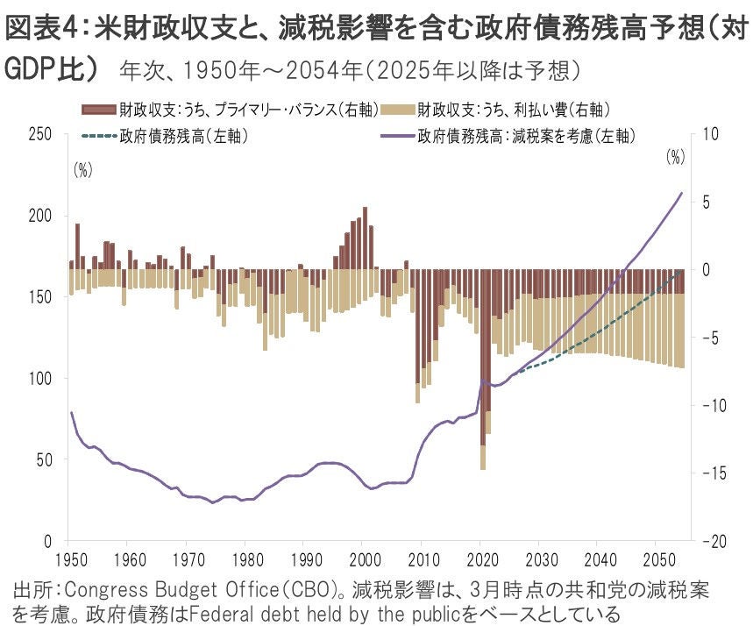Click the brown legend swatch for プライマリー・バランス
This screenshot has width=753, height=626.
tap(97, 110)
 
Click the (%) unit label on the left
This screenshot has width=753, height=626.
tap(82, 171)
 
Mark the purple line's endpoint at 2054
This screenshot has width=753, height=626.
tap(681, 193)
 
